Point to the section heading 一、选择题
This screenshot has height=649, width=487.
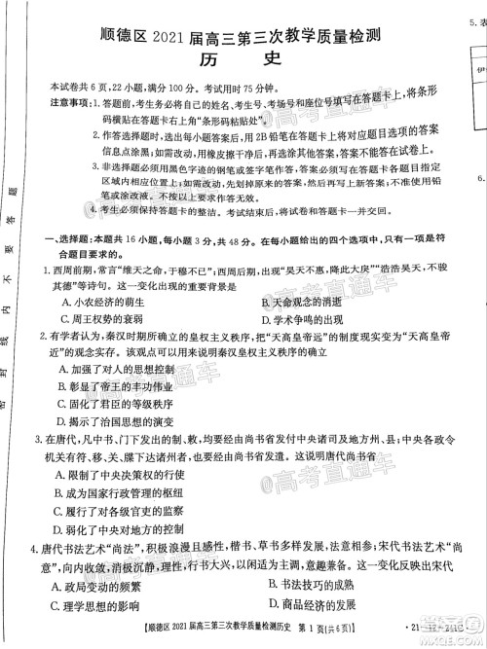click(x=62, y=239)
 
